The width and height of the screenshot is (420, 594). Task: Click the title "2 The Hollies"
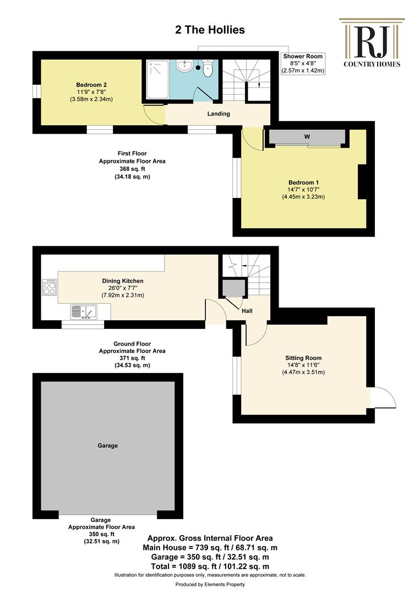(x=210, y=30)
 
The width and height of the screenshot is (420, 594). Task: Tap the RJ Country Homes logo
(x=372, y=43)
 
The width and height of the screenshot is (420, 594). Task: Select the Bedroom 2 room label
(x=91, y=85)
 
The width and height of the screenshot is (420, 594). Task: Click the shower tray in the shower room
(x=157, y=80)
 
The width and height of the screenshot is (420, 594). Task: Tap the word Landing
(x=219, y=114)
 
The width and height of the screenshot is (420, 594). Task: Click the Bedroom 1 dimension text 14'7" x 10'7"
(x=303, y=189)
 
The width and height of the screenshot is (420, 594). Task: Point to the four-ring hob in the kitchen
(x=50, y=287)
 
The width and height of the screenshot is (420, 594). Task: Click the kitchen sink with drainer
(x=83, y=312)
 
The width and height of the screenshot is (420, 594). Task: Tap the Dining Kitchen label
(x=123, y=281)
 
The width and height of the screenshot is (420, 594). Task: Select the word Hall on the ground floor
(x=247, y=311)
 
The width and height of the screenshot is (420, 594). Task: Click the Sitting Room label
(x=303, y=358)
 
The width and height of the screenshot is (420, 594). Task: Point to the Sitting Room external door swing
(x=383, y=398)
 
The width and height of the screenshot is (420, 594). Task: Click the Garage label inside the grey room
(x=108, y=446)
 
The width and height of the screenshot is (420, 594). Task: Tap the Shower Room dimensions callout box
(x=303, y=63)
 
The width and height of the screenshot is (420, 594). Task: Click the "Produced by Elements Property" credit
(x=210, y=585)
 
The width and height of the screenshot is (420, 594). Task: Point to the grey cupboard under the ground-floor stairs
(x=233, y=288)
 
